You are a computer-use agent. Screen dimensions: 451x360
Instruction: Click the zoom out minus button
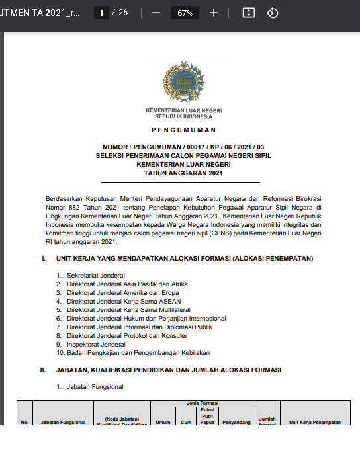156,13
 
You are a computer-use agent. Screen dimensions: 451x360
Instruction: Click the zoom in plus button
214,13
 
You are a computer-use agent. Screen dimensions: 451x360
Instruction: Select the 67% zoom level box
185,13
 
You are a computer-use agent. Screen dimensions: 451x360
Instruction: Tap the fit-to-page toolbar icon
249,13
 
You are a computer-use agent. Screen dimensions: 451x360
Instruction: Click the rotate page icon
272,13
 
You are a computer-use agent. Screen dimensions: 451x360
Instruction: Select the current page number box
101,13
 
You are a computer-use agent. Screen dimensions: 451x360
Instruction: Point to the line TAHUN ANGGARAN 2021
183,173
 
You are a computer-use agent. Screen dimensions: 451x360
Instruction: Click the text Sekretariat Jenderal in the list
95,275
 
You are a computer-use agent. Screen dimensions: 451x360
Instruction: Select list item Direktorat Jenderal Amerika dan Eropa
122,292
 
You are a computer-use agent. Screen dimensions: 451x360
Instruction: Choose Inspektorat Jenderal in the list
96,344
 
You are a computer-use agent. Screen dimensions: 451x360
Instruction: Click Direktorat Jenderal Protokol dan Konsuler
126,335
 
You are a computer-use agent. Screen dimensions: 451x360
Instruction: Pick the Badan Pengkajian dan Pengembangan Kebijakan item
138,352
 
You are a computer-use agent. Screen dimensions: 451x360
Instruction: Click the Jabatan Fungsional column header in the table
63,421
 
